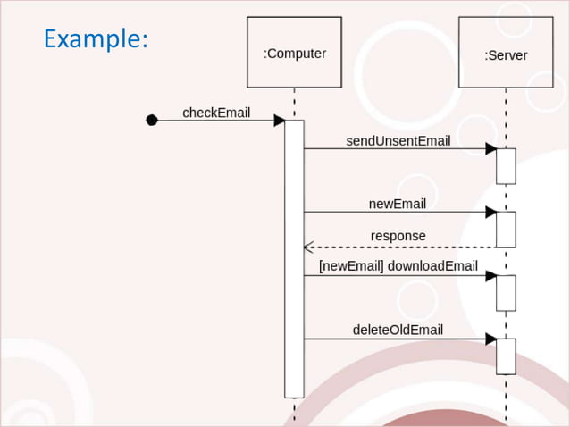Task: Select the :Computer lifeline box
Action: [294, 53]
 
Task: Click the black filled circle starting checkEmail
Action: [152, 121]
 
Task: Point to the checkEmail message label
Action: [216, 113]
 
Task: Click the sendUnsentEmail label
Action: [398, 141]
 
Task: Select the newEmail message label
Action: [398, 204]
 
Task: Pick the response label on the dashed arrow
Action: [398, 236]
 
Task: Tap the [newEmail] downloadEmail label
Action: [398, 266]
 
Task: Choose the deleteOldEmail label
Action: [398, 330]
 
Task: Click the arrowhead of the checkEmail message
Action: [280, 121]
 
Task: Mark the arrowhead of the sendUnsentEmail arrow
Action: [490, 149]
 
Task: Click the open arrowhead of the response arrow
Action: [308, 247]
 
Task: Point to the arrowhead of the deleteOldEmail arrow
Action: [490, 339]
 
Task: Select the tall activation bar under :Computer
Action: [294, 259]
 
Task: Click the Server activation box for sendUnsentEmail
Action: [506, 166]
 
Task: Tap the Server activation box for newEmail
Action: [506, 230]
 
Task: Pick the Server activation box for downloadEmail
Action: [506, 293]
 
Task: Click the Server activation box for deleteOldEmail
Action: [506, 356]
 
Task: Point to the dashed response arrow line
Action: [402, 247]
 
